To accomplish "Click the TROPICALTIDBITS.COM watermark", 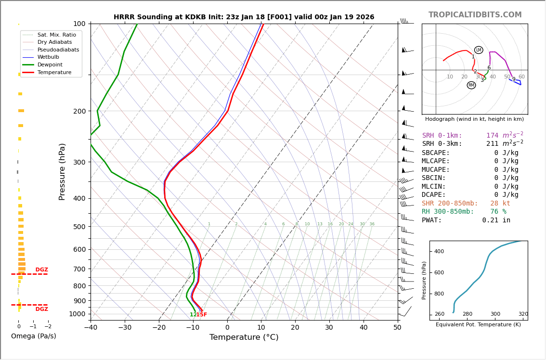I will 475,15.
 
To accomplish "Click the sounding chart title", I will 244,17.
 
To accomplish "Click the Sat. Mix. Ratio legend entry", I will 56,35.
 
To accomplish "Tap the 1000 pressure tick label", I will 77,314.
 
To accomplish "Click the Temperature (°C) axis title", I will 244,338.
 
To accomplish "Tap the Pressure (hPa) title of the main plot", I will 63,171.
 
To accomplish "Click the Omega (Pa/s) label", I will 33,336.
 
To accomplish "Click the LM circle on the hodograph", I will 479,50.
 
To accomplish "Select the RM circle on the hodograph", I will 471,85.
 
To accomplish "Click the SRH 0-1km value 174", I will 493,136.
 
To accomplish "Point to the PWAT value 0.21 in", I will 496,220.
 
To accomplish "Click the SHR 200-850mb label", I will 450,204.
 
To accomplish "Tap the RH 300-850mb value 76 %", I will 498,212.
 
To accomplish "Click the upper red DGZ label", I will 41,270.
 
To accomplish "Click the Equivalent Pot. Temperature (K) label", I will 478,325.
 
